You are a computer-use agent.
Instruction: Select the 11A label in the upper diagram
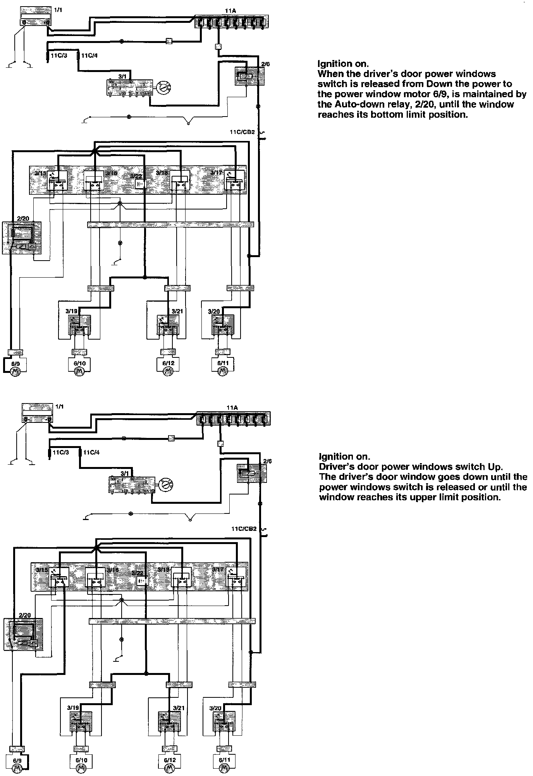click(231, 12)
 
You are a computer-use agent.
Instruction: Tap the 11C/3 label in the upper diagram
click(59, 55)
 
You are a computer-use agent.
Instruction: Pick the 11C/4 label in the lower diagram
click(91, 452)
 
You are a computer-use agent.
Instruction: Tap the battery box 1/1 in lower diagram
click(37, 413)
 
